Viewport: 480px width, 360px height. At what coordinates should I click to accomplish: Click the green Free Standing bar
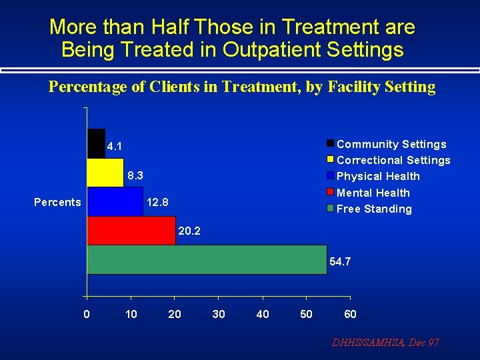coord(207,259)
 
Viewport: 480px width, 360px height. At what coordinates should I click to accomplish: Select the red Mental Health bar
coord(131,231)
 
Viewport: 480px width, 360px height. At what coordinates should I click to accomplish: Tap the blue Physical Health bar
coord(115,201)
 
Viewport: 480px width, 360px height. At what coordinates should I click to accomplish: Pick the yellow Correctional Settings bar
coord(105,173)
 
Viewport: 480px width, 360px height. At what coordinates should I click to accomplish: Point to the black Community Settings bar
coord(96,143)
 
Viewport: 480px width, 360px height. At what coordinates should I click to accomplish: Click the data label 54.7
coord(340,262)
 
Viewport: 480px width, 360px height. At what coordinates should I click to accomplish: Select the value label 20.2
coord(189,232)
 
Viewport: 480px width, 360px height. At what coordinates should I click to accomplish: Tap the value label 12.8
coord(157,202)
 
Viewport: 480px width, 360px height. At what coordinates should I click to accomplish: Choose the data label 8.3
coord(136,176)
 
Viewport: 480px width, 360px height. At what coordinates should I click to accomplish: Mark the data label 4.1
coord(114,146)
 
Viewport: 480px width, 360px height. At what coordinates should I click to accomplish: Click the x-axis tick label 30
coord(219,314)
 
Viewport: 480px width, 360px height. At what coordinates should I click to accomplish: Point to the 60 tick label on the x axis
coord(350,314)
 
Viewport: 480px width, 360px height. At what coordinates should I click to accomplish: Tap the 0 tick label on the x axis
coord(87,314)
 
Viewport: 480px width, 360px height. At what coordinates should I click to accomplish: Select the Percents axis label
coord(57,202)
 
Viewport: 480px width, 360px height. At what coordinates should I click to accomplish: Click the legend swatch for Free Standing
coord(330,209)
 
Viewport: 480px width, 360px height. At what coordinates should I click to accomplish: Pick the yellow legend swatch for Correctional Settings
coord(330,160)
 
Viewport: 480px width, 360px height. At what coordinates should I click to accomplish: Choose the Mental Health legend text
coord(373,193)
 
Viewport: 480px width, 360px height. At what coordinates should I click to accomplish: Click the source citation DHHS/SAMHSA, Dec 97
coord(386,343)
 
